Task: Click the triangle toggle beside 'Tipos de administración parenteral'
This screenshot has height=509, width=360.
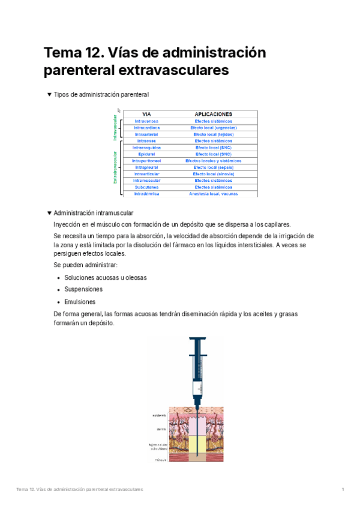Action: pos(49,95)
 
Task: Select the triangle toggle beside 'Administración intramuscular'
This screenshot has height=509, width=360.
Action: pos(49,213)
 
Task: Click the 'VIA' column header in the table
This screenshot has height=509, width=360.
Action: pos(146,114)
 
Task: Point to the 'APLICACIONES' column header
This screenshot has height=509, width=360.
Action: pos(214,114)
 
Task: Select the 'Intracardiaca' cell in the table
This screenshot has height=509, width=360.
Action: pos(146,128)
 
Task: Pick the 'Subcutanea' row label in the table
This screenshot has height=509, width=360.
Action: pos(146,187)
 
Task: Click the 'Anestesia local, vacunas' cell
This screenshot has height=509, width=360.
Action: pos(214,193)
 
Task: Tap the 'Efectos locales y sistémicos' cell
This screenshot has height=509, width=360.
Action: pos(214,161)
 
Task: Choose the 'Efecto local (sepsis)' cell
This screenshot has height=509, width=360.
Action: pos(214,167)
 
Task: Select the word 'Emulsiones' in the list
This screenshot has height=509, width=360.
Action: pos(80,302)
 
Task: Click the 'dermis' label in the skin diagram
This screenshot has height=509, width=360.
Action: pos(161,429)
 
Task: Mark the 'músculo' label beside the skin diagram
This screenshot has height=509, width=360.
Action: pos(160,460)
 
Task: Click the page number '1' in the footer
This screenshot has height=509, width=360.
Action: pos(343,490)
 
